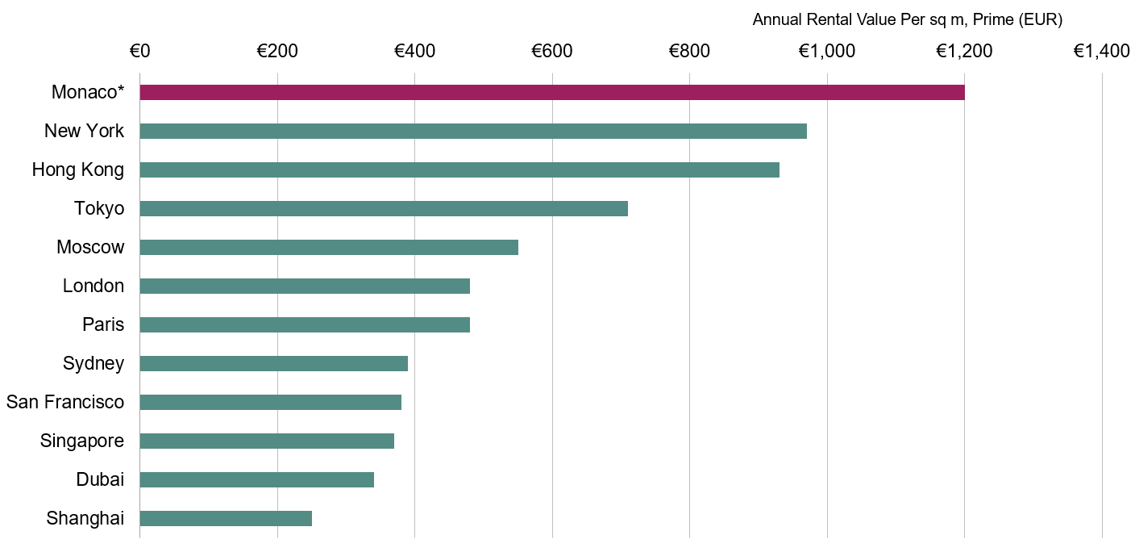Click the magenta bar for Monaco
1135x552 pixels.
552,92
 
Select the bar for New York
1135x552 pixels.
473,131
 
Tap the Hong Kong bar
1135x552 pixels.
459,169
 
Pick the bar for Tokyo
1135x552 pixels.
384,208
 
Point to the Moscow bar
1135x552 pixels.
329,247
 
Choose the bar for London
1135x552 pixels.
305,286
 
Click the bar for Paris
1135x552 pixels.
305,324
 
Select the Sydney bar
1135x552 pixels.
274,363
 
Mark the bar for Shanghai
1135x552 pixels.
226,518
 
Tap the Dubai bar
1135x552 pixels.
257,479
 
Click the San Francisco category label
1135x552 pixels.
65,402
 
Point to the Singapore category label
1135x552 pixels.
82,441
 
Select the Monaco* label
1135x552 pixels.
88,92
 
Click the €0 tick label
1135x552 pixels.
139,52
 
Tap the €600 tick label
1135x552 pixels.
552,52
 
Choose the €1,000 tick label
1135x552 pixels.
827,52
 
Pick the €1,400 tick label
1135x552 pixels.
1102,52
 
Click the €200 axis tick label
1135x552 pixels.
277,52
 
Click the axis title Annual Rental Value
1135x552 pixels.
907,20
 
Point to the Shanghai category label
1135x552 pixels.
85,518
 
